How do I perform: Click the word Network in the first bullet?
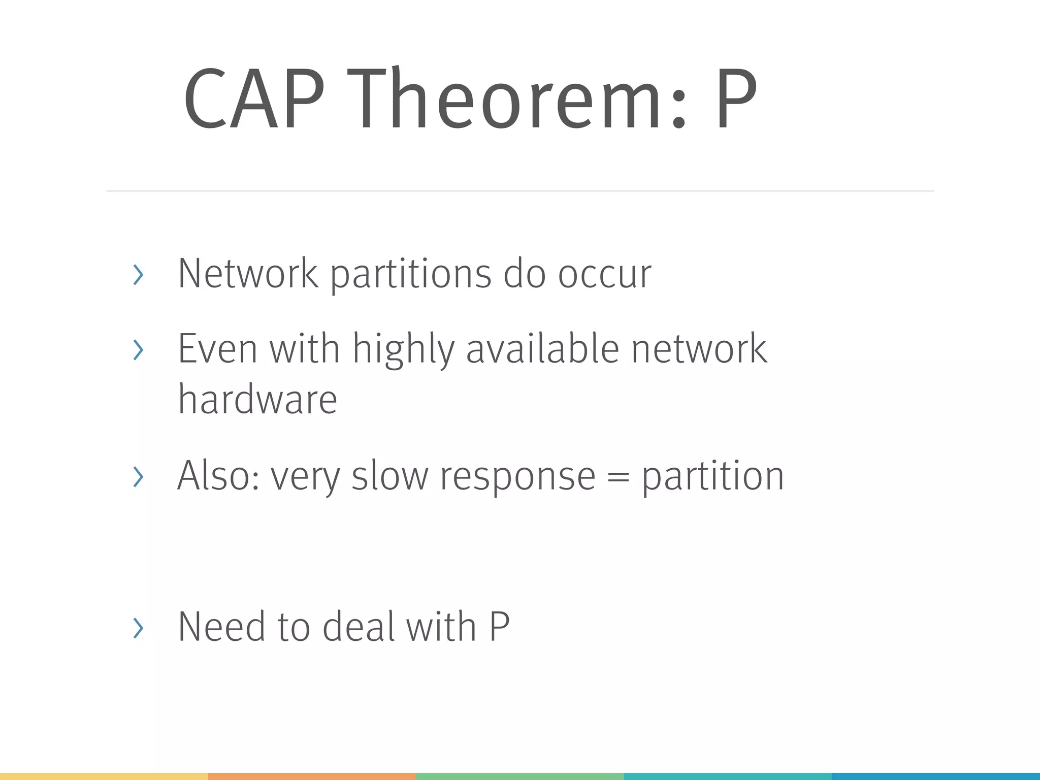248,274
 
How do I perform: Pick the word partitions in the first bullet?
411,275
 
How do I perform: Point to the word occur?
604,275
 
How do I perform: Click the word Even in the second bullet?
218,349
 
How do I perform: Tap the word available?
542,349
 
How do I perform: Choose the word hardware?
257,399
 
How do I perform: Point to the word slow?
390,476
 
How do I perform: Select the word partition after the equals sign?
713,476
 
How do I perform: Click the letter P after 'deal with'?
499,627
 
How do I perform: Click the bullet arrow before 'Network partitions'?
138,275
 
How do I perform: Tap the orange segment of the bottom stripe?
312,776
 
